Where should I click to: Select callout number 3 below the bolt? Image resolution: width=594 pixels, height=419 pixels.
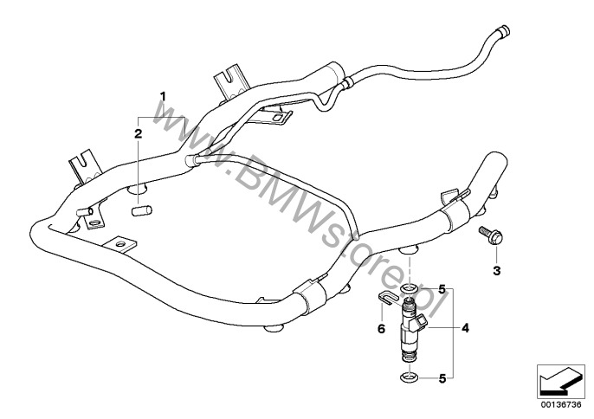point(496,271)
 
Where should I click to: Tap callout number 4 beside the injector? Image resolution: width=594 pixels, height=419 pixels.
point(465,328)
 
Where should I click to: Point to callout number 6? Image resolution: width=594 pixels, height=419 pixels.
point(378,329)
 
